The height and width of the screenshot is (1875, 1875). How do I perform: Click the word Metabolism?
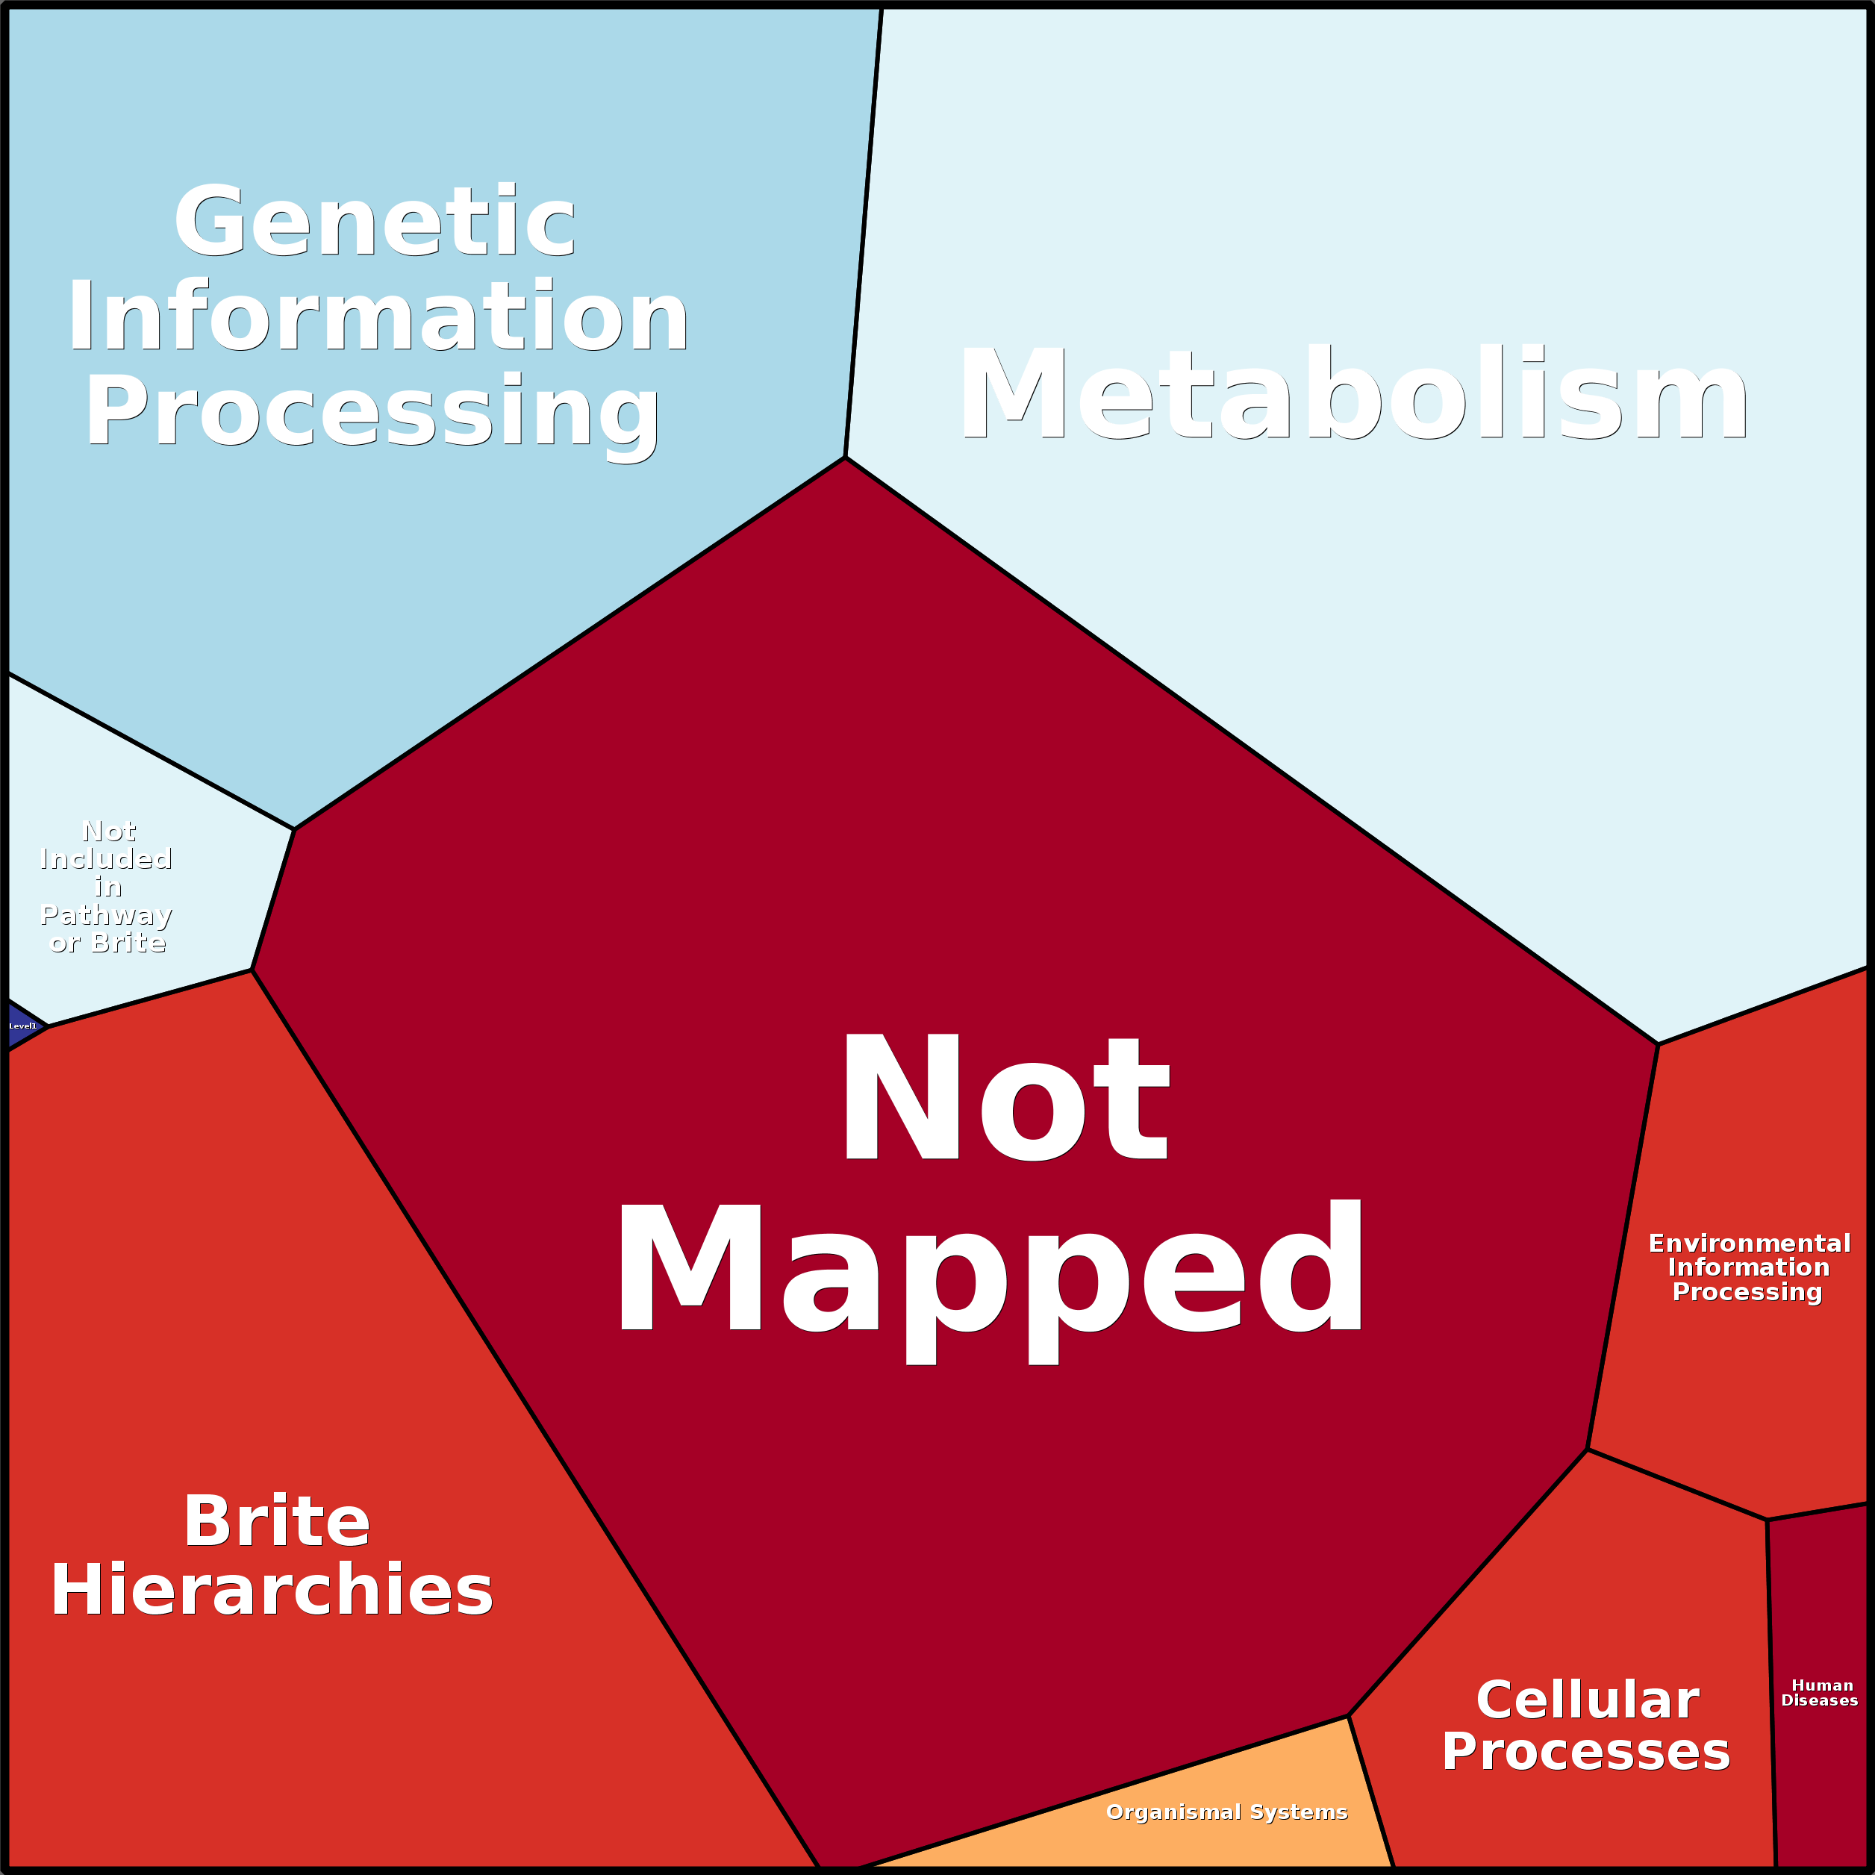pos(1354,395)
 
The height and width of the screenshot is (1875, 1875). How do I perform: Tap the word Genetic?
pos(375,222)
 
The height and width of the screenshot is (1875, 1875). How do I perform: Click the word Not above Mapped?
pos(1005,1098)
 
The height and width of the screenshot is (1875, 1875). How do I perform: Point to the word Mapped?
pos(990,1270)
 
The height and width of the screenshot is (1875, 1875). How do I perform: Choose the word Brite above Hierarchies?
pos(277,1522)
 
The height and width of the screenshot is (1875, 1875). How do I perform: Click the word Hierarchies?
pos(272,1591)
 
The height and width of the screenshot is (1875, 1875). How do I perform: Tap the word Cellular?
pos(1588,1700)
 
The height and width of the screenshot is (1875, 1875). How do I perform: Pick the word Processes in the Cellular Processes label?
pos(1586,1752)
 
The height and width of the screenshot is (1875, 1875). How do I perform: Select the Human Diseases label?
pos(1820,1693)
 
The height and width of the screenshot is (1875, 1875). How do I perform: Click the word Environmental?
pos(1750,1244)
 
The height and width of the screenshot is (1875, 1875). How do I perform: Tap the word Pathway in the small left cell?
pos(107,915)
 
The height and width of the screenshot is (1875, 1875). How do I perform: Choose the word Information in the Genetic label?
pos(378,317)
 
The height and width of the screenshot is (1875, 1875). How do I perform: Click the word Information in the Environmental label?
pos(1749,1267)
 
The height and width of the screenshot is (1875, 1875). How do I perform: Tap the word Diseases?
pos(1820,1700)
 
